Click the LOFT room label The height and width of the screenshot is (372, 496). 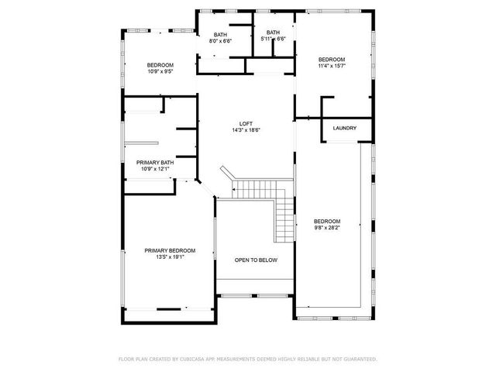(x=246, y=124)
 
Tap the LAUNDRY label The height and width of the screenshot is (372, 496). (x=344, y=128)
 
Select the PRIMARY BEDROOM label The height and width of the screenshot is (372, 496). (x=170, y=250)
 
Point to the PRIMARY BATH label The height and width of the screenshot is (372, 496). (x=155, y=163)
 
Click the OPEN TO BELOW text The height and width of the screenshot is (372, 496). (x=256, y=260)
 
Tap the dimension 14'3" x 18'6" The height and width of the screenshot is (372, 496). (x=246, y=130)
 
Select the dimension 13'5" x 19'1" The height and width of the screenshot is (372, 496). (x=170, y=257)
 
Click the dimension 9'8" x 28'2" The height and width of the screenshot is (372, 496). (x=326, y=228)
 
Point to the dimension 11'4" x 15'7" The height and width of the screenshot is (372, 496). (x=332, y=66)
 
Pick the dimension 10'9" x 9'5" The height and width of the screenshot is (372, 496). (x=160, y=71)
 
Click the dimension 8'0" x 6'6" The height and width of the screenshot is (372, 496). (x=221, y=40)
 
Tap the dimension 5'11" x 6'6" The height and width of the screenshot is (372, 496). (x=273, y=39)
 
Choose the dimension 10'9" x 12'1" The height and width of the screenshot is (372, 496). (x=155, y=169)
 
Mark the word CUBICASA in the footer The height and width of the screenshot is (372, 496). (x=193, y=359)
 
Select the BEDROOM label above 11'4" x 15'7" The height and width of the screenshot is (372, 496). (x=332, y=60)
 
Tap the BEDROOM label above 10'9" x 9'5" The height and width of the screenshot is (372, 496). (x=160, y=65)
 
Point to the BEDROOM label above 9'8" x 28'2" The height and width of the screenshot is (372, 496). (x=326, y=222)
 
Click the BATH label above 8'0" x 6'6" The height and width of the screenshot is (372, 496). (x=221, y=35)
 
